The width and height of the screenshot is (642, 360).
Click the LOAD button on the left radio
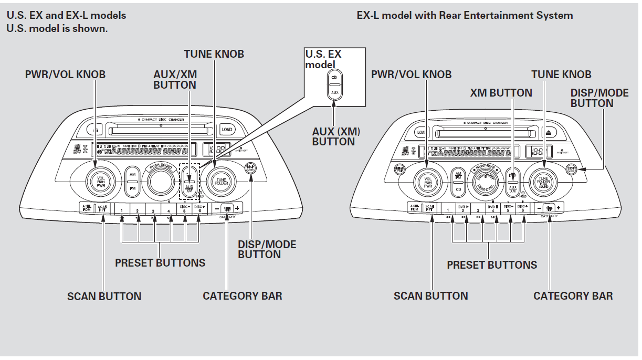click(x=227, y=129)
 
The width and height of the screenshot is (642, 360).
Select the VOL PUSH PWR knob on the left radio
click(x=101, y=182)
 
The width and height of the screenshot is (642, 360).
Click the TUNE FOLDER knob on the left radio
click(x=221, y=182)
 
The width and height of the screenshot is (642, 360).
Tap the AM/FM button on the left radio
click(x=132, y=182)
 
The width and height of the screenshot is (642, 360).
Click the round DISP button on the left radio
click(x=250, y=168)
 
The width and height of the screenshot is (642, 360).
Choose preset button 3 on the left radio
click(x=153, y=208)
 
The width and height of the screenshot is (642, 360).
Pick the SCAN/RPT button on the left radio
click(x=102, y=208)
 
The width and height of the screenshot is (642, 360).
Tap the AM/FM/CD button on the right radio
click(x=458, y=182)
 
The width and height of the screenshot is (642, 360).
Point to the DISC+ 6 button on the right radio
click(x=522, y=208)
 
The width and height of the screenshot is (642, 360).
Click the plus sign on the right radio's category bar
click(x=559, y=208)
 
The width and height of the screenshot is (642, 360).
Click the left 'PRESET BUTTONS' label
click(x=160, y=262)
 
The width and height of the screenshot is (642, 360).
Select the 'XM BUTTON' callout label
click(x=501, y=93)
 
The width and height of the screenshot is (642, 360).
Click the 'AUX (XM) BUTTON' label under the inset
click(x=333, y=136)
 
